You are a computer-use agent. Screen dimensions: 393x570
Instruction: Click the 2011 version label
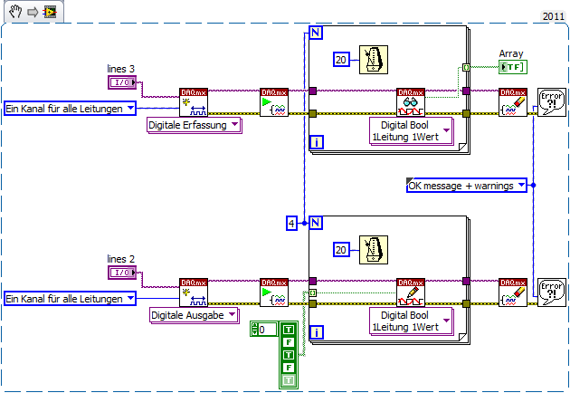coord(553,16)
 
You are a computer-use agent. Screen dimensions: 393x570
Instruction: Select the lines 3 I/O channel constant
coord(122,83)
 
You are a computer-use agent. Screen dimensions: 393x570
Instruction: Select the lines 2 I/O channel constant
coord(122,273)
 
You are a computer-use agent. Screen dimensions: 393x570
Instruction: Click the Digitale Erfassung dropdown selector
coord(193,125)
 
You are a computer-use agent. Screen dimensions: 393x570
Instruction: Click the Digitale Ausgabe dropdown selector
coord(193,314)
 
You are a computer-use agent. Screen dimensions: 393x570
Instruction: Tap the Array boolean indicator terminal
coord(512,67)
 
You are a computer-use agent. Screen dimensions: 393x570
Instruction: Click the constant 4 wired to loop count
coord(291,222)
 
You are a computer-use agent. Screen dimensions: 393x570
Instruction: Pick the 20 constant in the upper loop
coord(341,59)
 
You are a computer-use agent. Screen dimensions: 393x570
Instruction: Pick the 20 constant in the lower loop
coord(341,249)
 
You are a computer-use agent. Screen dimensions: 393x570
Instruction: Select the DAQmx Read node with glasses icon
coord(410,102)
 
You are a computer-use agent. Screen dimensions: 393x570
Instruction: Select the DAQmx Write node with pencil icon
coord(410,292)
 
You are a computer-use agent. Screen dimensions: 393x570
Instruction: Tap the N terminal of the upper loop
coord(316,34)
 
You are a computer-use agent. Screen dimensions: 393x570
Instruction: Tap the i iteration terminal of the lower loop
coord(316,331)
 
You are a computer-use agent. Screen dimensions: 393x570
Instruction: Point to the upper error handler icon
coord(550,101)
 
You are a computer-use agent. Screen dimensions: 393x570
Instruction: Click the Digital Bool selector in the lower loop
coord(410,320)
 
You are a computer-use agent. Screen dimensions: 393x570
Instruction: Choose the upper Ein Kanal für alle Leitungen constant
coord(70,109)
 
